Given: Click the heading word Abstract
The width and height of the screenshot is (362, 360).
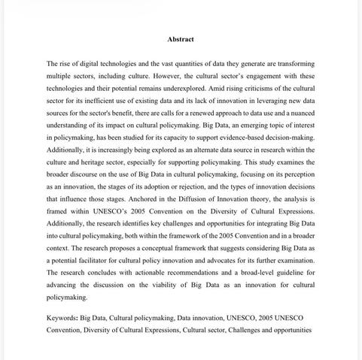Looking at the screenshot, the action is click(x=181, y=39).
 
